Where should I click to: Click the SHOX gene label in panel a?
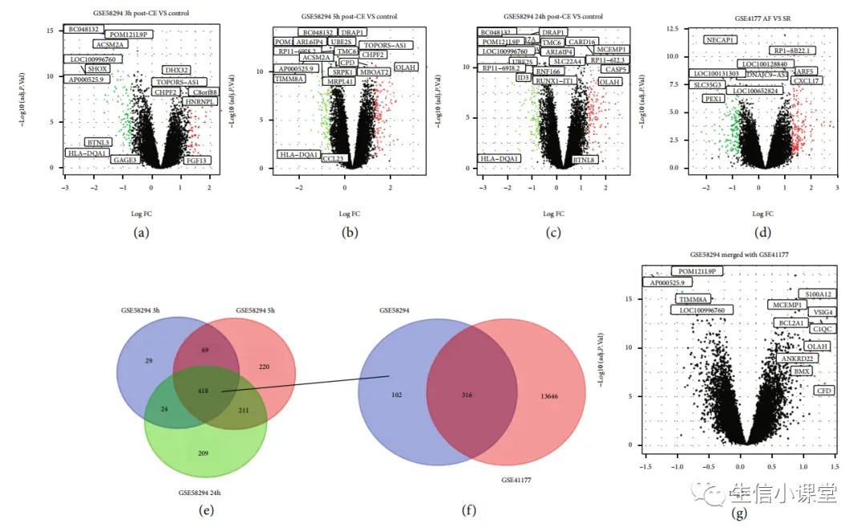[x=98, y=69]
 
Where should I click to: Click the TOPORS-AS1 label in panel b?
[x=386, y=46]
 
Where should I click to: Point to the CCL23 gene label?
[x=333, y=159]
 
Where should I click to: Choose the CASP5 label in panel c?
[x=616, y=70]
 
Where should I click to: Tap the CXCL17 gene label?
[x=806, y=81]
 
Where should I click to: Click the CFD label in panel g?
[x=824, y=390]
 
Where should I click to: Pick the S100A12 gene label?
[x=814, y=294]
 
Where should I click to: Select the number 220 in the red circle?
[x=265, y=366]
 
